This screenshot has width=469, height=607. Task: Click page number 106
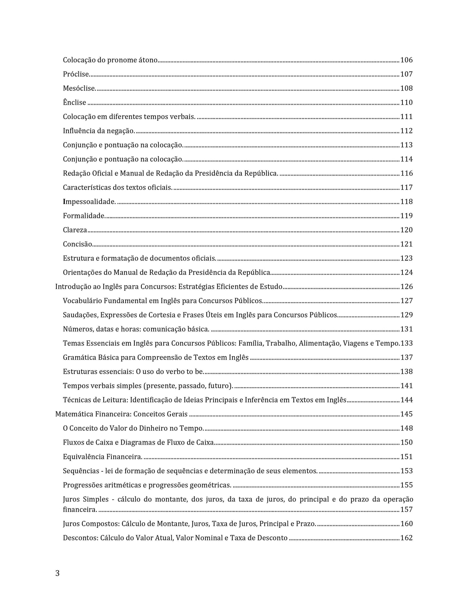click(406, 60)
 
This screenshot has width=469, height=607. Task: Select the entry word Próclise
click(76, 74)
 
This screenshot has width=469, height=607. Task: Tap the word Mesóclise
click(79, 88)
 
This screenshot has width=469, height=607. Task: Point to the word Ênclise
click(75, 103)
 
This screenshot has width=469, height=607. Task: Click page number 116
click(406, 173)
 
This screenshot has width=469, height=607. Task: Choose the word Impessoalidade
click(89, 202)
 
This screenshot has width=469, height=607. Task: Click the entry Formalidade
click(84, 216)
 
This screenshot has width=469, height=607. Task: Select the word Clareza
click(75, 230)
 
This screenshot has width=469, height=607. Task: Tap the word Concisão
click(78, 244)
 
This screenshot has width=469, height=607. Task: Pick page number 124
click(406, 273)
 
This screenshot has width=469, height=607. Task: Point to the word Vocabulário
click(82, 301)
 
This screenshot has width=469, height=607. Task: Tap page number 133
click(407, 343)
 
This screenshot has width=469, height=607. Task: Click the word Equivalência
click(82, 457)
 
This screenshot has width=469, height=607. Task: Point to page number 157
click(406, 510)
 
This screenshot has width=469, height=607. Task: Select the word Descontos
click(80, 538)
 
